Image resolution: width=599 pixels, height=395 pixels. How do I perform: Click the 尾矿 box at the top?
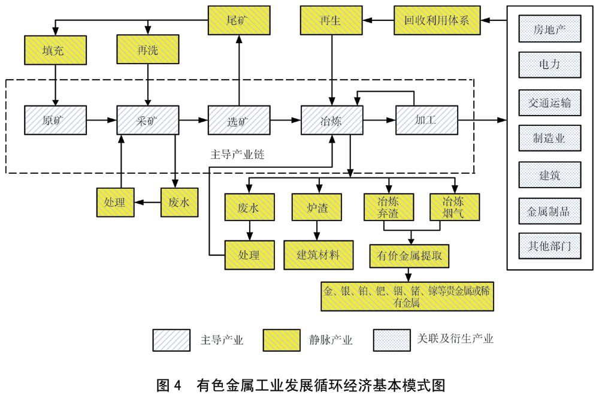coord(238,21)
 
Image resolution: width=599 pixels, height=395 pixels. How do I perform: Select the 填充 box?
coord(55,50)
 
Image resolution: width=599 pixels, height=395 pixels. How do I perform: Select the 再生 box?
coord(331,21)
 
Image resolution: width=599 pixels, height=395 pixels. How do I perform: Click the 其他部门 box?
coord(549,246)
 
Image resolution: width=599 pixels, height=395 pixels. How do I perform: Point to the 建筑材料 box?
coord(318,254)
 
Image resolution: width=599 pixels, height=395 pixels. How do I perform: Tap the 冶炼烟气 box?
coord(455,207)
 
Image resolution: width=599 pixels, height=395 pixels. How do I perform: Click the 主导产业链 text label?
coord(237,154)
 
